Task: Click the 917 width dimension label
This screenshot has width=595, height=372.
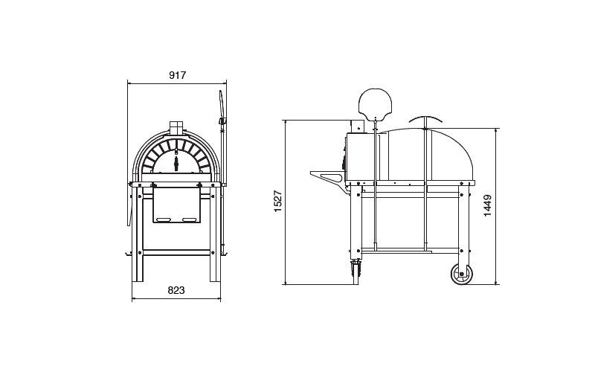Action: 177,75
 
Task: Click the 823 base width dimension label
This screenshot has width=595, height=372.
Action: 176,290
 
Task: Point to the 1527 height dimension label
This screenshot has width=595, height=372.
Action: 278,201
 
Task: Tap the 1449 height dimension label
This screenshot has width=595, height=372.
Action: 488,205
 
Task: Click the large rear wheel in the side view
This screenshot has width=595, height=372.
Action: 462,275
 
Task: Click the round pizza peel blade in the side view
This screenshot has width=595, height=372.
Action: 375,103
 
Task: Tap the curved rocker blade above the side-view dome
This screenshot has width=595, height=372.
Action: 425,118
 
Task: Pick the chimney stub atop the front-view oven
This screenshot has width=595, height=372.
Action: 176,127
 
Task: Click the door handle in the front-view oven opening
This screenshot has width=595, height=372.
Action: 176,161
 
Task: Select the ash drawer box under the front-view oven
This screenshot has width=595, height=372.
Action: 176,205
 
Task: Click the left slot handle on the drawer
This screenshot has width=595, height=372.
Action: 164,219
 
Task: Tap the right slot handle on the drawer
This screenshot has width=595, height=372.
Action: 189,219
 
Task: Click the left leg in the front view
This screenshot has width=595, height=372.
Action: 138,234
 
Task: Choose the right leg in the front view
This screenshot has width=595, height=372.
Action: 215,234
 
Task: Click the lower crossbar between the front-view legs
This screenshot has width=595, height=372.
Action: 176,252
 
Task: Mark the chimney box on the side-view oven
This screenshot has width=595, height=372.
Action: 357,126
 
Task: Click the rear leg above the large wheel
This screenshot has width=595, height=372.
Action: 464,224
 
